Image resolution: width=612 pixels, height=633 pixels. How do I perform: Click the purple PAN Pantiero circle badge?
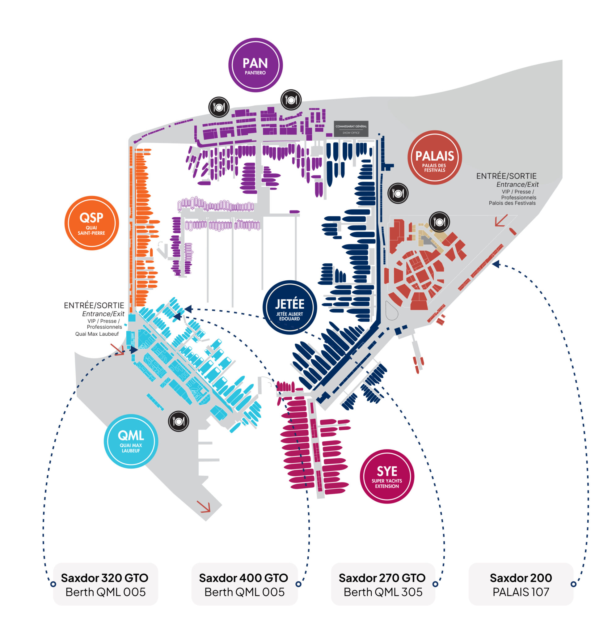point(255,65)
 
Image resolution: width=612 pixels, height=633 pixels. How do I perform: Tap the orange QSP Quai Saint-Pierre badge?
point(92,223)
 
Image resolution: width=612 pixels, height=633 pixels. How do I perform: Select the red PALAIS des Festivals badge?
point(434,158)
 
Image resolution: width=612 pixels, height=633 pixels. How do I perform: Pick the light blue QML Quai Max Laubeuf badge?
point(131,441)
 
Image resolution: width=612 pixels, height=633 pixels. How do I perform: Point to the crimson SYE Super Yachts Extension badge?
point(387,476)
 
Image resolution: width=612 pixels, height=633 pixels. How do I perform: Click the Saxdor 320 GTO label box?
point(106,584)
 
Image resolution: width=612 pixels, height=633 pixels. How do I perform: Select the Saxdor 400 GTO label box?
point(244,584)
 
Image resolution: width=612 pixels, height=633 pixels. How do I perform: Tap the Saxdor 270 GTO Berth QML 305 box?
point(383,584)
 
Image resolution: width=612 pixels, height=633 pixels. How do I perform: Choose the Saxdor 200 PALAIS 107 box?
point(521,584)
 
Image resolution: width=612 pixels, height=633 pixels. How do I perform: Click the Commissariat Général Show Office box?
point(351,129)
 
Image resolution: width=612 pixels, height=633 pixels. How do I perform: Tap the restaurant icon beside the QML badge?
point(179,421)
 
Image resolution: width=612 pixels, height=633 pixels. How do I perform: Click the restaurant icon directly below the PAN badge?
point(291,100)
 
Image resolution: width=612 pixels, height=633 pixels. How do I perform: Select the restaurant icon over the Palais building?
point(439,222)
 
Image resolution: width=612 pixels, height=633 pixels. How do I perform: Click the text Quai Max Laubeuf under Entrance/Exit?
point(97,334)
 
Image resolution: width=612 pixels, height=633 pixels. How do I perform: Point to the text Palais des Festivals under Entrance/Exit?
point(512,203)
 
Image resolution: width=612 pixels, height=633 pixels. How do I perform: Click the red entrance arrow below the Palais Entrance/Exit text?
point(501,221)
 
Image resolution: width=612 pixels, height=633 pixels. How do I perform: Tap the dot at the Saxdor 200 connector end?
point(573,584)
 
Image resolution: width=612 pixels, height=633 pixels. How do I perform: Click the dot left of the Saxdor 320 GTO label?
point(53,584)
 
